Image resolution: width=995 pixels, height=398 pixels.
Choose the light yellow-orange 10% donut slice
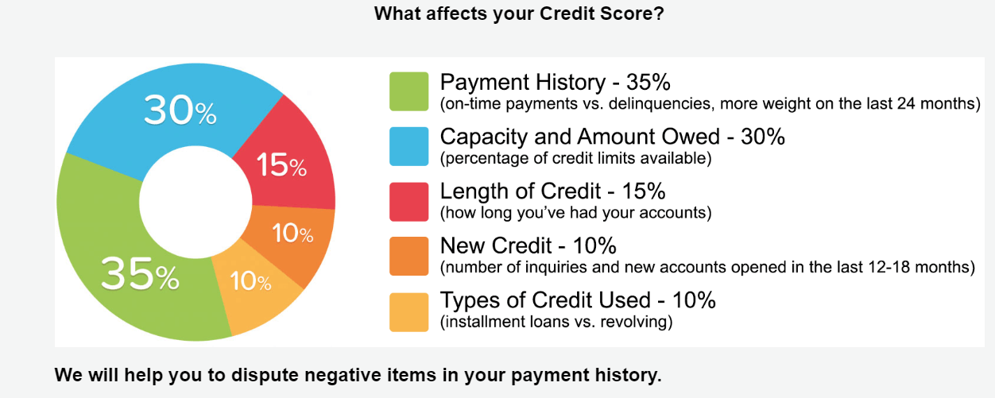pyautogui.click(x=254, y=288)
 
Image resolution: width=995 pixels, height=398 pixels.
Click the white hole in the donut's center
pyautogui.click(x=196, y=202)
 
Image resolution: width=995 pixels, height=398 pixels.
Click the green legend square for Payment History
pyautogui.click(x=409, y=91)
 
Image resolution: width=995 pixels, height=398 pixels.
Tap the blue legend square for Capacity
pyautogui.click(x=409, y=147)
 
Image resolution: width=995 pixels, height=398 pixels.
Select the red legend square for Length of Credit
pyautogui.click(x=409, y=202)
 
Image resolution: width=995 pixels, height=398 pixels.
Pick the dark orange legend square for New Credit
pyautogui.click(x=409, y=257)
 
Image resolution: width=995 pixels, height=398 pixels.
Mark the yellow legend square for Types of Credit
pyautogui.click(x=409, y=312)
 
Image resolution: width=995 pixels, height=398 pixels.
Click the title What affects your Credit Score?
pyautogui.click(x=519, y=14)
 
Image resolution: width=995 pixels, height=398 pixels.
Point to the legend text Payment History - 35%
pyautogui.click(x=556, y=82)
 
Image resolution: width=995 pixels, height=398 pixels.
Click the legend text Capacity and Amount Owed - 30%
pyautogui.click(x=613, y=137)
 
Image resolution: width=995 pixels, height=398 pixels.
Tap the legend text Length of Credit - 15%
pyautogui.click(x=553, y=191)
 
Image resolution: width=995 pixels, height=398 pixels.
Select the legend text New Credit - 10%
pyautogui.click(x=528, y=245)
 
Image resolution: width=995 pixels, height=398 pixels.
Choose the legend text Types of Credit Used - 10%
pyautogui.click(x=578, y=300)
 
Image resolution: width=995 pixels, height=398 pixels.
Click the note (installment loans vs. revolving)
pyautogui.click(x=556, y=322)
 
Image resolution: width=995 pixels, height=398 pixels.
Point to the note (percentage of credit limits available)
pyautogui.click(x=575, y=158)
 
